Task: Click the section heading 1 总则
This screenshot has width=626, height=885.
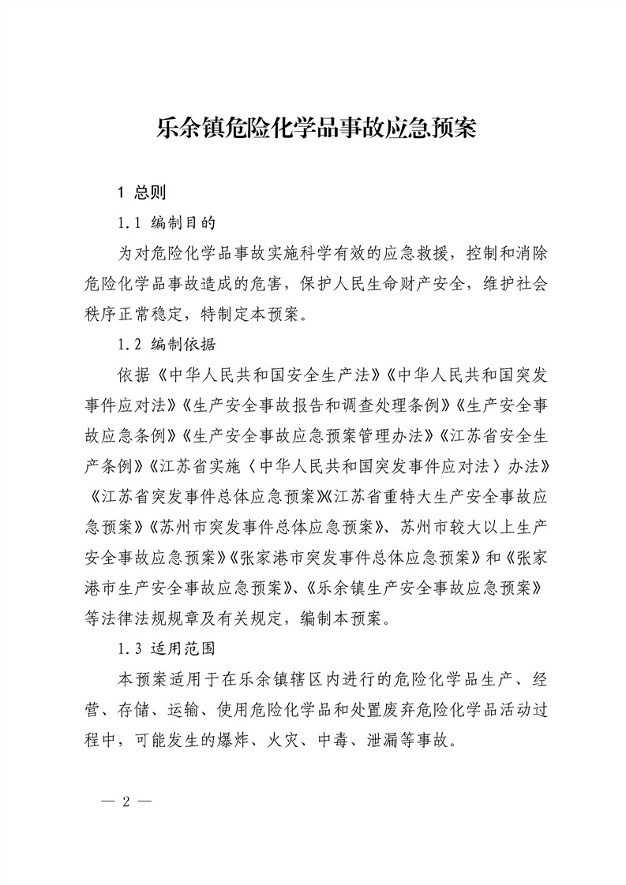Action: coord(141,192)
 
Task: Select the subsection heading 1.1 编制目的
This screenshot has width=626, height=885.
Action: coord(165,222)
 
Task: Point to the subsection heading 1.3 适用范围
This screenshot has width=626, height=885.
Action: coord(165,650)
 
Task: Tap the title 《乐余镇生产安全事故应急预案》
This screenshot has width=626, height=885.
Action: coord(422,589)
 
